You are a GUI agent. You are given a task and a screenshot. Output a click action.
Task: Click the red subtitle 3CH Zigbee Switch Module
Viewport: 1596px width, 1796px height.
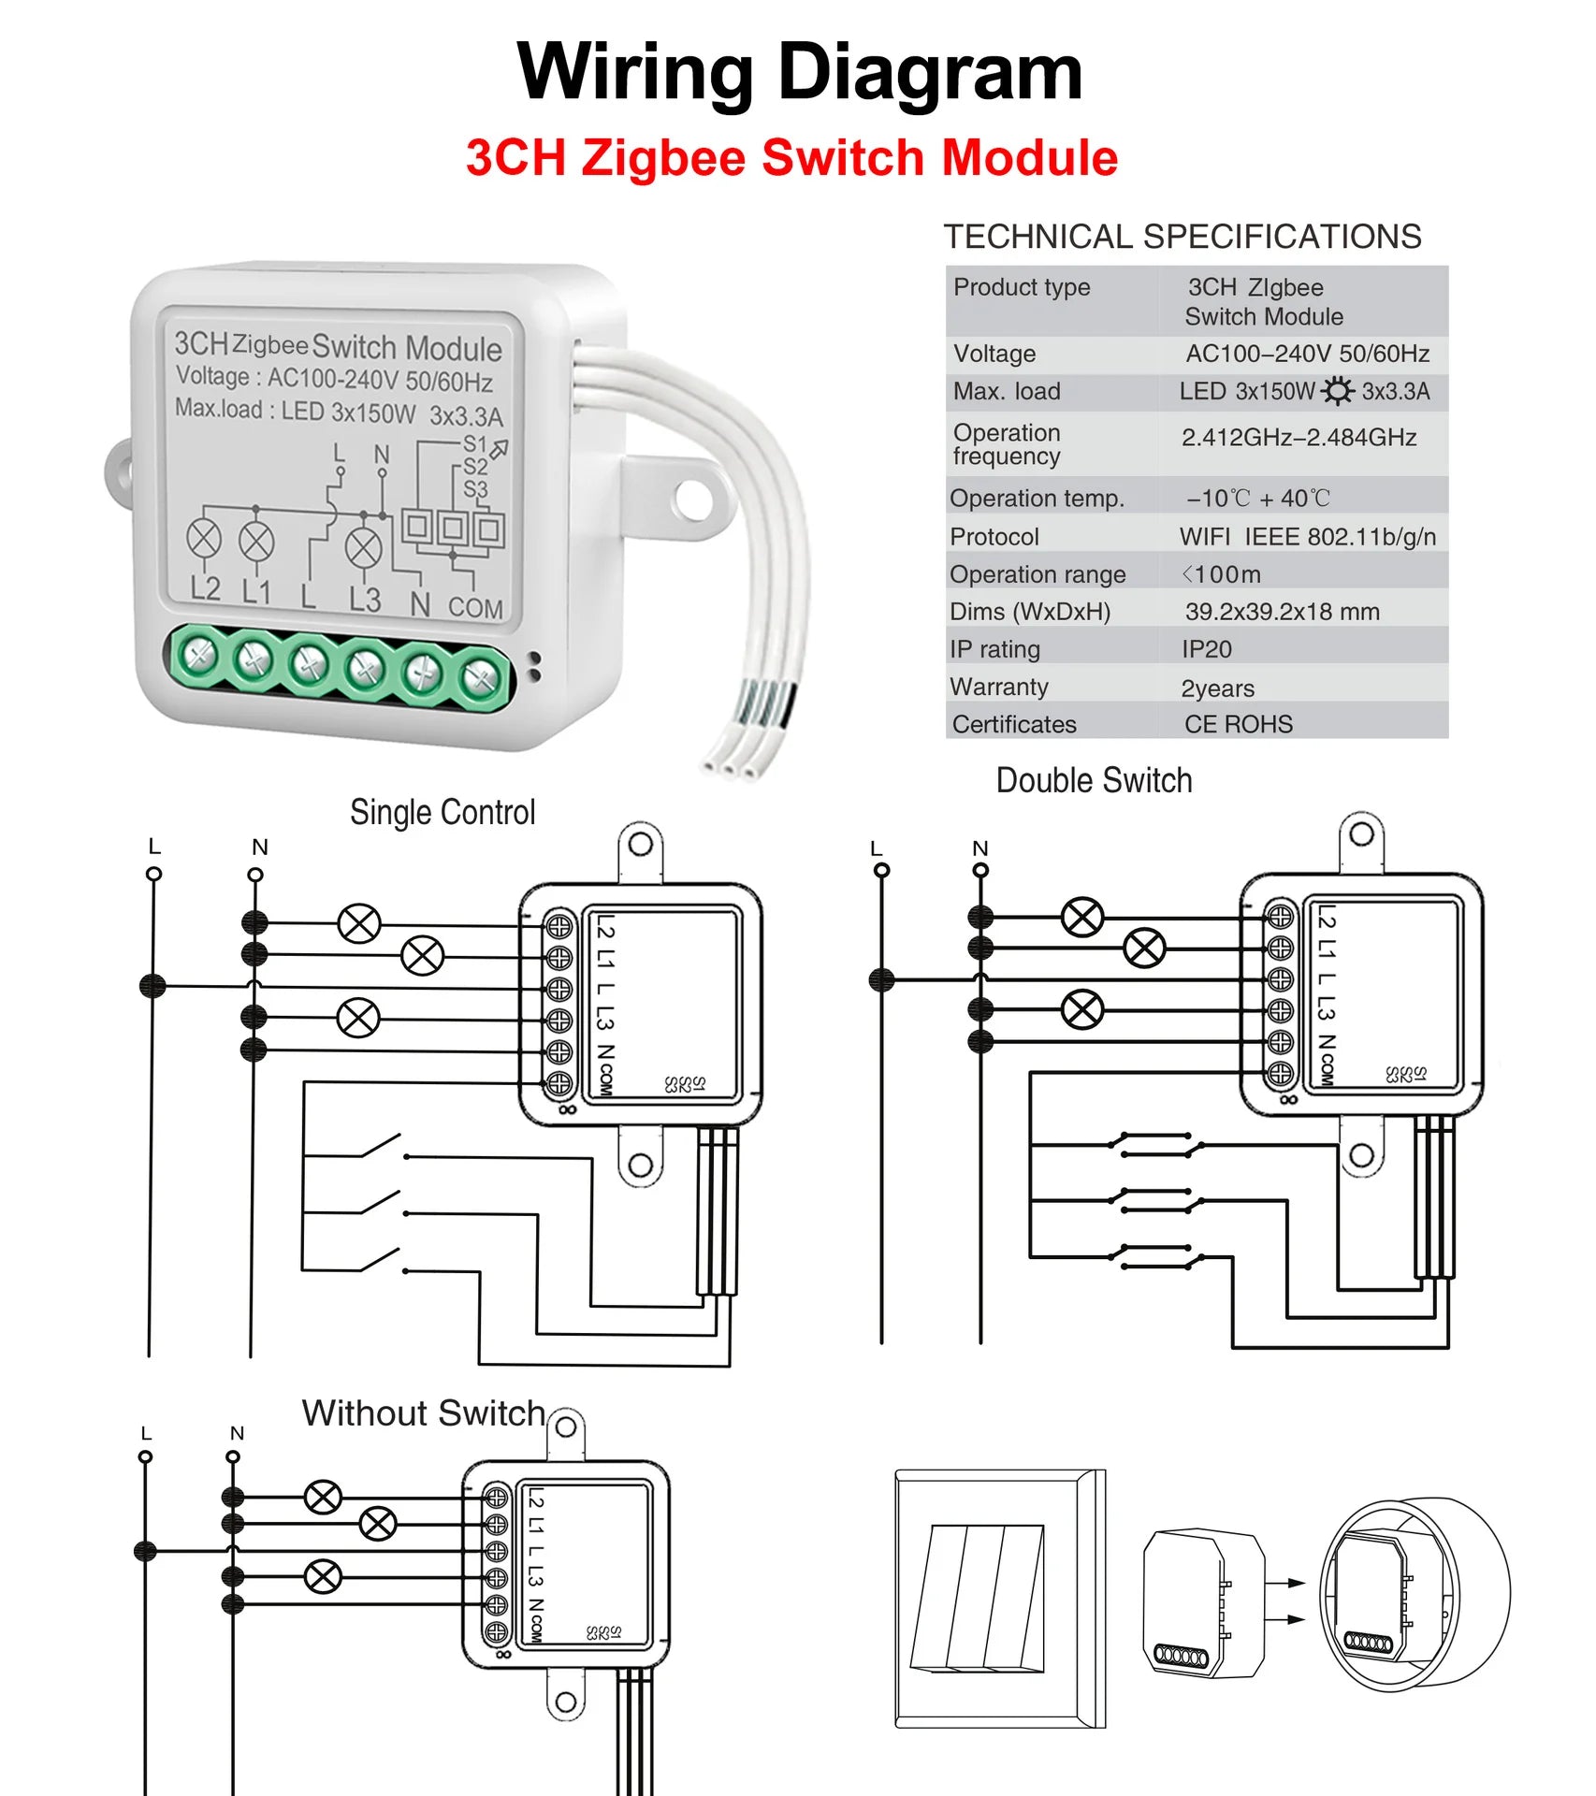tap(791, 157)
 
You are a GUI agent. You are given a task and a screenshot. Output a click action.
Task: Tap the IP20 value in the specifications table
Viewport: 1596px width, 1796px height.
tap(1206, 649)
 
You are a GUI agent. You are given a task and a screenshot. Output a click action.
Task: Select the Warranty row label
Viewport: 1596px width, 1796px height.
tap(998, 687)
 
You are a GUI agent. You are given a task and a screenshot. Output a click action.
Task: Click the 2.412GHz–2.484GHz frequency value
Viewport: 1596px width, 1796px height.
tap(1298, 438)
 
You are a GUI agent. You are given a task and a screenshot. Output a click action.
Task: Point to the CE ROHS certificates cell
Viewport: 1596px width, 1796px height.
tap(1238, 724)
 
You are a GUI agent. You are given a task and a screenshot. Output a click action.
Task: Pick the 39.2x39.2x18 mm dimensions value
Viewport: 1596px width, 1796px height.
tap(1282, 612)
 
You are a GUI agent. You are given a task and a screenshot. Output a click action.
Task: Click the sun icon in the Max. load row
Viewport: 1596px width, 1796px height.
tap(1337, 391)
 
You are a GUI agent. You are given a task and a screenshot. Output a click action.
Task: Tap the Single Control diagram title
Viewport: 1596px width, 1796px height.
tap(443, 812)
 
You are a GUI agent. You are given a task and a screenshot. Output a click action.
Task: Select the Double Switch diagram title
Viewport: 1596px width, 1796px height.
tap(1094, 780)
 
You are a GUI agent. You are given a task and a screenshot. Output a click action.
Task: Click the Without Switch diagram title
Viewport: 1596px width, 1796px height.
tap(423, 1412)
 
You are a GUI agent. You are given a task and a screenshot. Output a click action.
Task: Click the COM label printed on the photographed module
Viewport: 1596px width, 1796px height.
tap(475, 608)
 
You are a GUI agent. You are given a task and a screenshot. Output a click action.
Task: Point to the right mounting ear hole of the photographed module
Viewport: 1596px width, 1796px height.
tap(691, 498)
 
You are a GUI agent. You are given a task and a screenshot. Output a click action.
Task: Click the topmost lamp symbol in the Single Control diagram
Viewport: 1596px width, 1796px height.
tap(359, 924)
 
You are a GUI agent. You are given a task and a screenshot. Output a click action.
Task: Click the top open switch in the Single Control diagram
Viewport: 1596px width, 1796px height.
tap(382, 1147)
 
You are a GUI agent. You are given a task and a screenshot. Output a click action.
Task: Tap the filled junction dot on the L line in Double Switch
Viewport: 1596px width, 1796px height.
tap(881, 980)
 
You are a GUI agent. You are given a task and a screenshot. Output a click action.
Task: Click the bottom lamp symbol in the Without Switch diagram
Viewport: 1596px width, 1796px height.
tap(323, 1576)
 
